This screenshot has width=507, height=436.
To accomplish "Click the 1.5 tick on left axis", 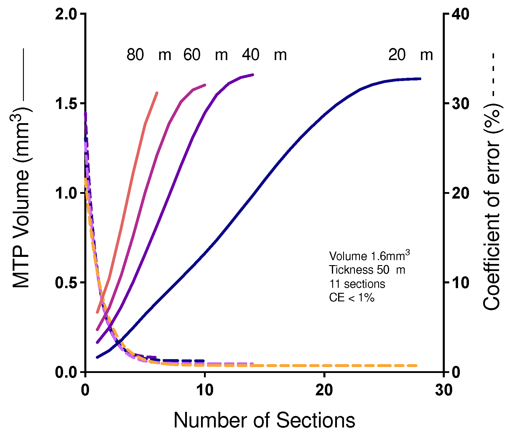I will point(82,103).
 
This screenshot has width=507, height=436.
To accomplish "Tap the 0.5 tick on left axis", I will point(82,282).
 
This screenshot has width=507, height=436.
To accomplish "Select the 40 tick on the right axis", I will point(446,14).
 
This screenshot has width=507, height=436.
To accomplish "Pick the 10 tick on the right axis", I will point(446,282).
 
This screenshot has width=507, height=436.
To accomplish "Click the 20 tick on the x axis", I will point(324,375).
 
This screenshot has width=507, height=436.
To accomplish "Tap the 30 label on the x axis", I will point(444,390).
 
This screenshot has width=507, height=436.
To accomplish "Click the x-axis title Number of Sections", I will point(264,420).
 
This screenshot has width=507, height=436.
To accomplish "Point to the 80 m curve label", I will point(149,55).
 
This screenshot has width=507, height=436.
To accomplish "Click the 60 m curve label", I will point(205,55).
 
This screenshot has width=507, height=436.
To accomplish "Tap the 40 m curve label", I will point(264,55).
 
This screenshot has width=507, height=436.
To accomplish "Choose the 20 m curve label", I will point(410,55).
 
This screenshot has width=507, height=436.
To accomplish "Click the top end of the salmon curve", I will point(157,93).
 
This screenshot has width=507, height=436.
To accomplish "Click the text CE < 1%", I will point(351,298).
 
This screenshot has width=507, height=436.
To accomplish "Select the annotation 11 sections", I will point(357,284).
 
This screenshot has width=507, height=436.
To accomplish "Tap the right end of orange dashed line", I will point(416,366).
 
